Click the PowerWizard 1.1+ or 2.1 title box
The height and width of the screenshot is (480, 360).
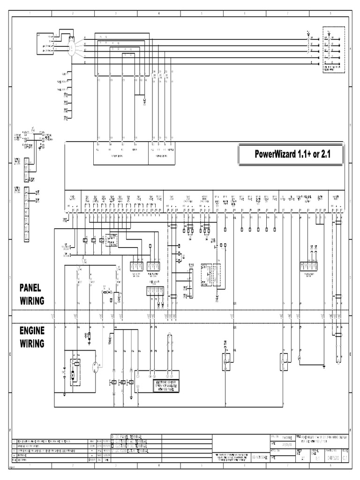pyautogui.click(x=291, y=154)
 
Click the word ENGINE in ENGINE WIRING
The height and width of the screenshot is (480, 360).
pyautogui.click(x=32, y=331)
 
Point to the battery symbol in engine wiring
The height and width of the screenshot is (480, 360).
pyautogui.click(x=64, y=374)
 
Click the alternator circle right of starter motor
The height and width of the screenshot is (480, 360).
pyautogui.click(x=96, y=367)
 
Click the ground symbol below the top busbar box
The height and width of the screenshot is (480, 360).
pyautogui.click(x=144, y=100)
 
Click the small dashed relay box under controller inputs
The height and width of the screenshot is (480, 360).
pyautogui.click(x=112, y=239)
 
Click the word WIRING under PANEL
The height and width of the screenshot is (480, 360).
pyautogui.click(x=32, y=300)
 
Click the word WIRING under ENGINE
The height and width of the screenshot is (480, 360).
pyautogui.click(x=32, y=344)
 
